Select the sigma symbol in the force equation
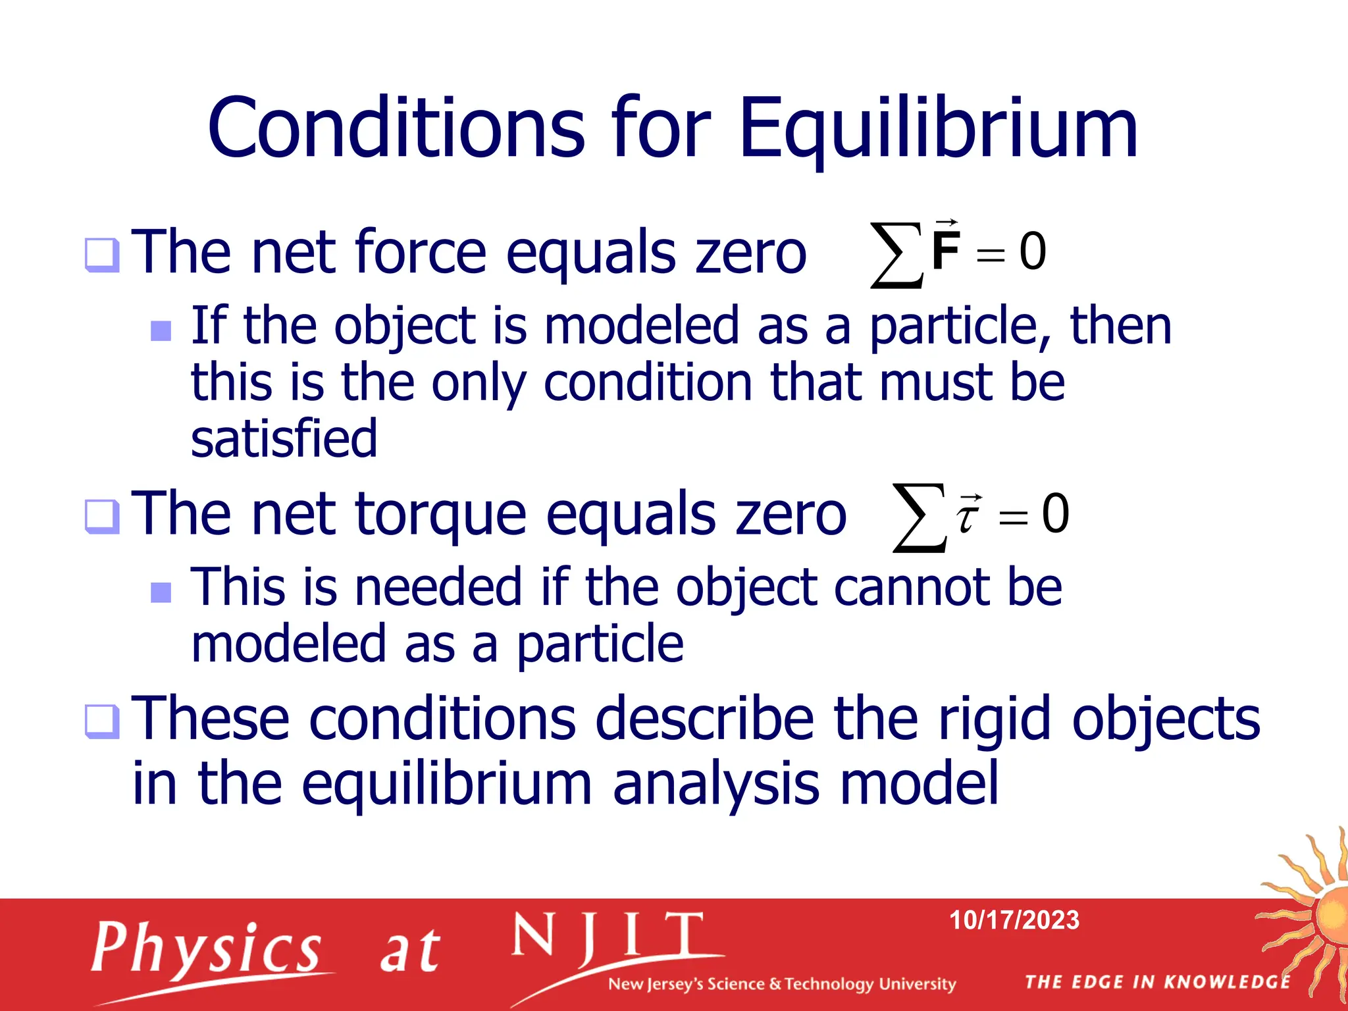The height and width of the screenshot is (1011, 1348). click(x=894, y=255)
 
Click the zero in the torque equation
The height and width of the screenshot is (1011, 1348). click(x=1055, y=513)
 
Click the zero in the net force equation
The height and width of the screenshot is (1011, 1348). click(x=1033, y=251)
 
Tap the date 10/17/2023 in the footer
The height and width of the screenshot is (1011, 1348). click(x=1014, y=920)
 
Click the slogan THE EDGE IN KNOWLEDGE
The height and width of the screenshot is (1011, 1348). click(x=1158, y=982)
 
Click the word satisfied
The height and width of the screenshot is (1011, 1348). click(x=284, y=438)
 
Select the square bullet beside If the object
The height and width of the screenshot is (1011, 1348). click(x=161, y=330)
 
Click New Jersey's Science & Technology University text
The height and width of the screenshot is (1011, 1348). click(x=781, y=984)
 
